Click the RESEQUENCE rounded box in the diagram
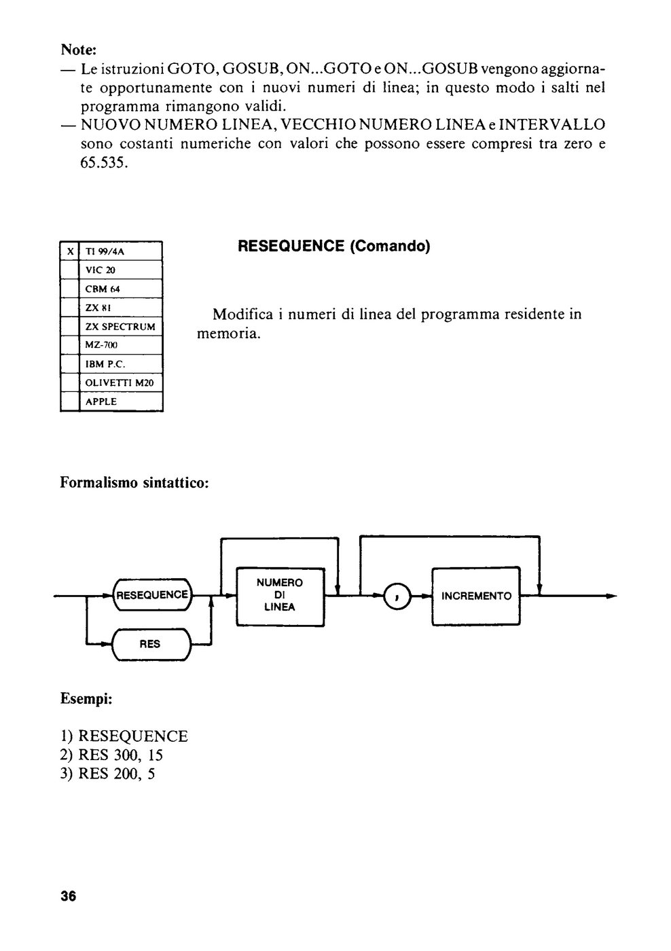[152, 595]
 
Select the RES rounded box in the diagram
[151, 644]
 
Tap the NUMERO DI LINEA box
[280, 597]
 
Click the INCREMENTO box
[476, 596]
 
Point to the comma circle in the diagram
[397, 596]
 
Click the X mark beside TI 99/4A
[70, 251]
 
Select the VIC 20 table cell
[120, 270]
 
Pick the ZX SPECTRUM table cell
[120, 327]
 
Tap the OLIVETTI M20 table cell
[120, 382]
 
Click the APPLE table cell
[120, 401]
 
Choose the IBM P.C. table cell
[120, 364]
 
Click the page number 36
[69, 896]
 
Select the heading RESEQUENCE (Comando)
[333, 246]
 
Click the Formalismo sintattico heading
[134, 483]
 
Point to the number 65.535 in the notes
[104, 162]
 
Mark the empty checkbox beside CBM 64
[70, 289]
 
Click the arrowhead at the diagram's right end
[612, 596]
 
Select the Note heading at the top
[79, 50]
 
